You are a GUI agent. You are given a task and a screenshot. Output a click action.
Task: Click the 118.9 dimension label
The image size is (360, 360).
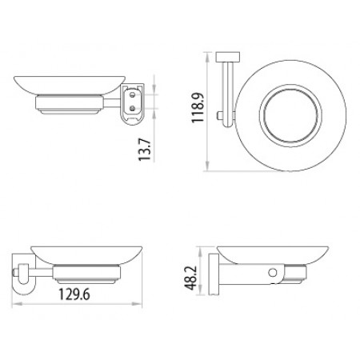(x=198, y=107)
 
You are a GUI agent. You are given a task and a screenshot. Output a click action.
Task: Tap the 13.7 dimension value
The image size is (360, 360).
(x=144, y=150)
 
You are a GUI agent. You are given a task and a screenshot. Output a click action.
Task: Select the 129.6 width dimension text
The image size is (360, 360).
(x=74, y=294)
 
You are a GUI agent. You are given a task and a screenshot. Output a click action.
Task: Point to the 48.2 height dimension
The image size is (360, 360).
(x=191, y=278)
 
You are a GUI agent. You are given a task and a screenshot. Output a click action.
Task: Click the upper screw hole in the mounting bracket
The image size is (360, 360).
(x=132, y=94)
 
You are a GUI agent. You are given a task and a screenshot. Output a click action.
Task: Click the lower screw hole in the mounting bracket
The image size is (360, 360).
(x=132, y=108)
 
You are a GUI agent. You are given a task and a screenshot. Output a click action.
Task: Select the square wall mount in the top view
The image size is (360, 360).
(x=228, y=57)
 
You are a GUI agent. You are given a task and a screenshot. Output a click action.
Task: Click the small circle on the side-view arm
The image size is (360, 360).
(x=273, y=273)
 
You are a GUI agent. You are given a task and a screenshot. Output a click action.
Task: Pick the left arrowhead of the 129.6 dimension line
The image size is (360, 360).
(x=15, y=304)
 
